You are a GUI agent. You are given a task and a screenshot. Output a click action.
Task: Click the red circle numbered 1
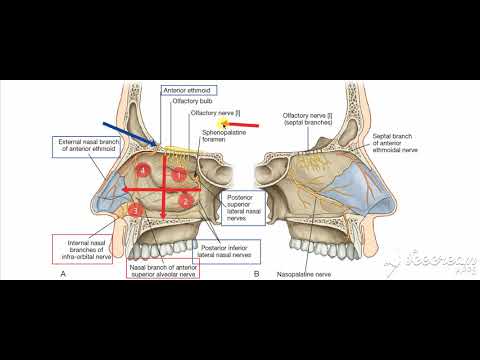[179, 175]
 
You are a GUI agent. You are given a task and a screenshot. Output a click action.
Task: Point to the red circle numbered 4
[145, 173]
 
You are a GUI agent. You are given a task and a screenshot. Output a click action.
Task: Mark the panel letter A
[63, 272]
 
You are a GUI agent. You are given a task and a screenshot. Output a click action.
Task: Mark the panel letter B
[256, 272]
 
